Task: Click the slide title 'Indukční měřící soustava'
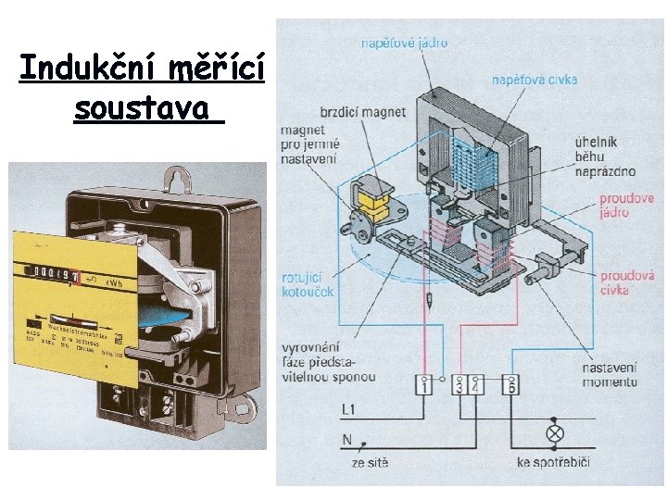(142, 88)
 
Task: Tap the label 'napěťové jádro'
(405, 43)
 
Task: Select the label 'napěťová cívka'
(535, 80)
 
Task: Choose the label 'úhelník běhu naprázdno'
(608, 156)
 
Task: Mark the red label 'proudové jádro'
(626, 206)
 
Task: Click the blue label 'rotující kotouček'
(308, 285)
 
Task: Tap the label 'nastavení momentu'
(610, 375)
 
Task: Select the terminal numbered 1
(424, 386)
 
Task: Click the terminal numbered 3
(459, 386)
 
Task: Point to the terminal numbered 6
(510, 386)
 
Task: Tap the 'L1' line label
(349, 408)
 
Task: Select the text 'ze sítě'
(371, 462)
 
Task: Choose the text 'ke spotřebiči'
(553, 462)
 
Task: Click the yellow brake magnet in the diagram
(374, 198)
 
